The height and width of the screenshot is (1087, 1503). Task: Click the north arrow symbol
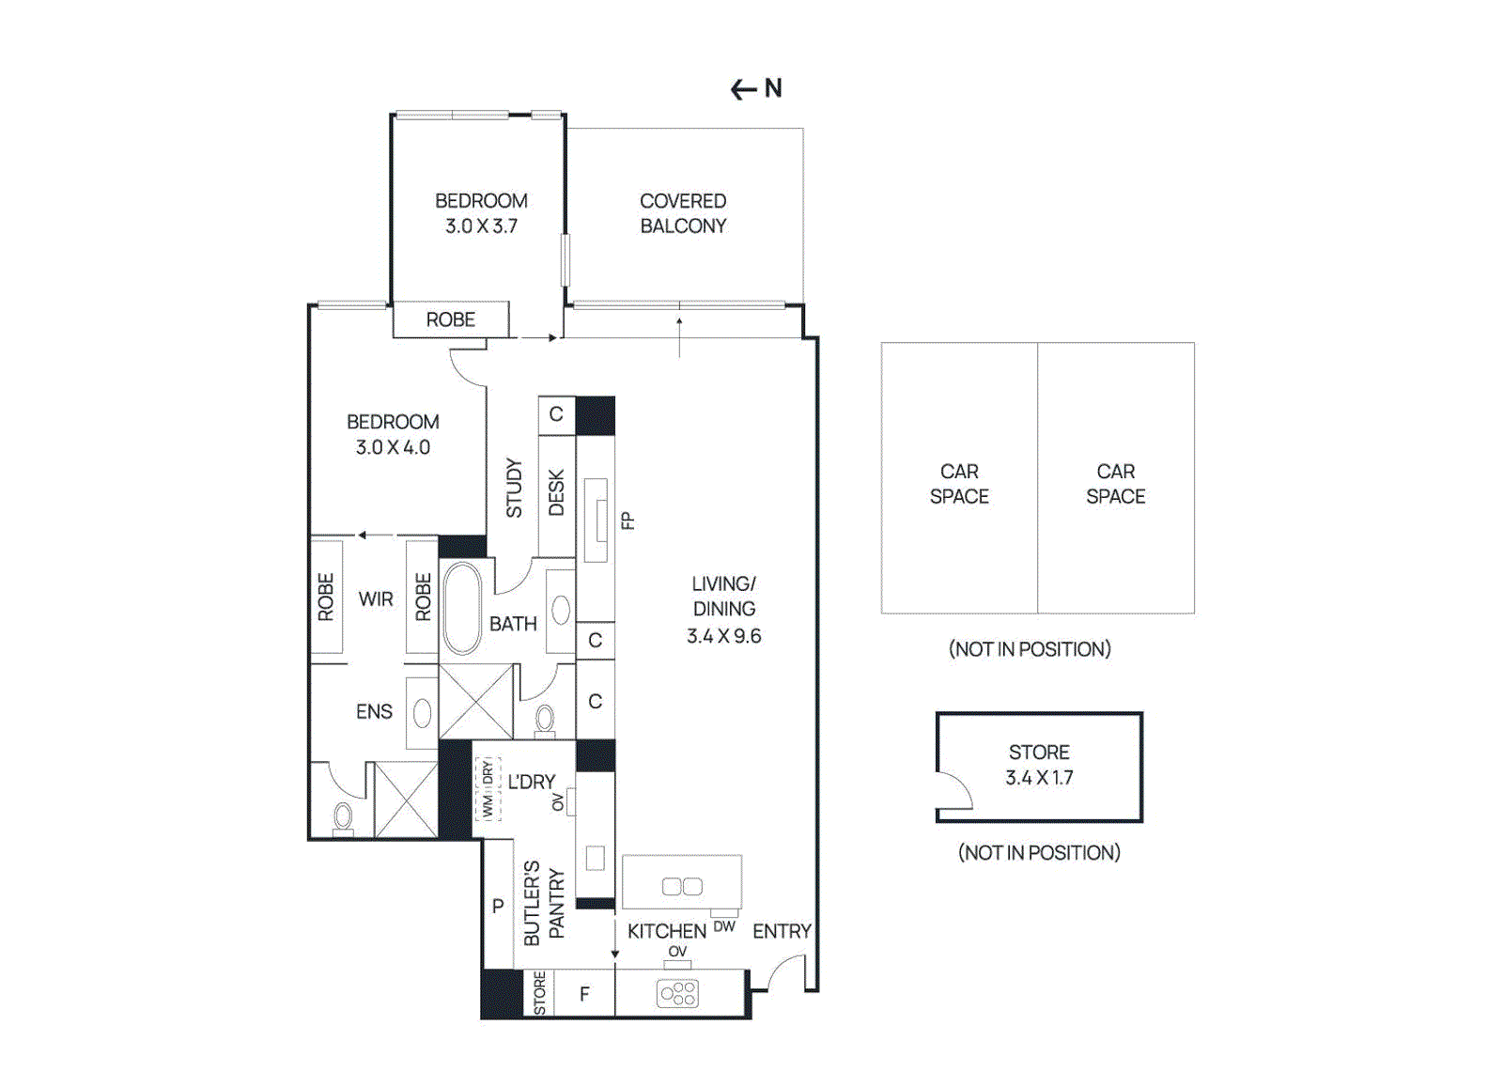click(755, 88)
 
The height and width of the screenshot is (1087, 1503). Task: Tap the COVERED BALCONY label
click(683, 213)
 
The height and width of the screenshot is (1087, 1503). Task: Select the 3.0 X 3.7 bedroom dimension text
click(481, 226)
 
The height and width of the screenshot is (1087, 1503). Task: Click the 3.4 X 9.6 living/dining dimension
click(723, 636)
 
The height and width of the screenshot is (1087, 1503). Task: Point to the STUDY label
click(514, 488)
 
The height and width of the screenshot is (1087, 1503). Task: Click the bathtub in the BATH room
click(461, 608)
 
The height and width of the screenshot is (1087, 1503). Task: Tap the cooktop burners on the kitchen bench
click(677, 993)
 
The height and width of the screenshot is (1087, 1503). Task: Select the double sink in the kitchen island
click(682, 886)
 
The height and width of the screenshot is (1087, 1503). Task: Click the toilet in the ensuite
click(343, 815)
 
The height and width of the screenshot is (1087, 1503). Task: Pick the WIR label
click(376, 598)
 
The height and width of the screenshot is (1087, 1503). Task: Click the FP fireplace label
click(628, 520)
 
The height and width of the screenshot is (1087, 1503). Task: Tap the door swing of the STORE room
click(955, 791)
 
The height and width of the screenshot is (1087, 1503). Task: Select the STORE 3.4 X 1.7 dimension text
click(1039, 778)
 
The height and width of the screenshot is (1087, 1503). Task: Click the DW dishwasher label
click(724, 926)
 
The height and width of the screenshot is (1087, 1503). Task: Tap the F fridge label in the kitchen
click(584, 994)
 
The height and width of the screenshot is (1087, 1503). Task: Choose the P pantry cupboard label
click(498, 906)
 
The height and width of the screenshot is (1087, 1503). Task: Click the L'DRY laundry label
click(532, 782)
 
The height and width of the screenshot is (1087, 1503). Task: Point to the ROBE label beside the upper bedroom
click(451, 319)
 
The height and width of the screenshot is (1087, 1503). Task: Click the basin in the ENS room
click(422, 713)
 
